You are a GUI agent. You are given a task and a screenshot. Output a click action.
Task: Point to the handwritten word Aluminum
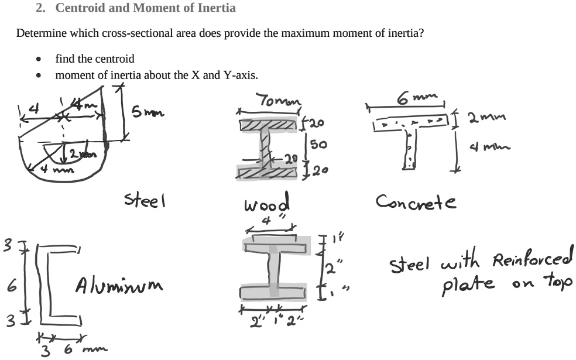pos(119,286)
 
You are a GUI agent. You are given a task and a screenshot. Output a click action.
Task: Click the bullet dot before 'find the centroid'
pos(38,59)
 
